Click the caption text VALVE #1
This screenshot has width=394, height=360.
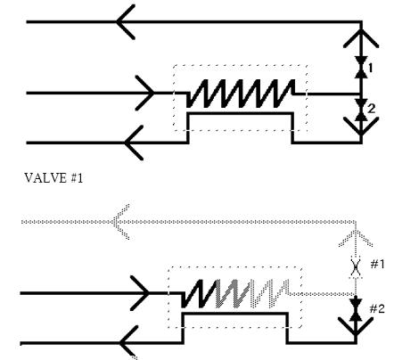coord(53,178)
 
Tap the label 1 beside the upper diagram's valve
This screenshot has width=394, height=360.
coord(370,69)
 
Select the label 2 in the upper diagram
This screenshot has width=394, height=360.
coord(372,109)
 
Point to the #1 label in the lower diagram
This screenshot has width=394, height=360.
coord(378,264)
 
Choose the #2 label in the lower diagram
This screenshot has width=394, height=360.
coord(377,309)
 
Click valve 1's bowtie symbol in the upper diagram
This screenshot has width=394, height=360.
coord(361,67)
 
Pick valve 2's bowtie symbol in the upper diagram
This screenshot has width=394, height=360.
coord(361,110)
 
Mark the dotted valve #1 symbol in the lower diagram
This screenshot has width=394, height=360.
coord(356,266)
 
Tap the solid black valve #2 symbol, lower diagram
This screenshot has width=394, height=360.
coord(356,309)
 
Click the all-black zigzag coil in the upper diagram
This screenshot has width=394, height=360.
coord(241,93)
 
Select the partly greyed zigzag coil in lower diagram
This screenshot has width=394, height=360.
coord(235,293)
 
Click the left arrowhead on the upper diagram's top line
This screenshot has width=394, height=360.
coord(126,21)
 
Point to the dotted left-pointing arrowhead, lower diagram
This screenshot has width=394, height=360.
coord(120,222)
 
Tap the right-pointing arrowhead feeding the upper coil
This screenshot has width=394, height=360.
coord(145,93)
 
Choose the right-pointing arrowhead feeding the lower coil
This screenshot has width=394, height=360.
coord(140,293)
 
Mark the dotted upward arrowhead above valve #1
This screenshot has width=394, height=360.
coord(356,238)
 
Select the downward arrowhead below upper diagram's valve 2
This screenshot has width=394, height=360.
coord(361,127)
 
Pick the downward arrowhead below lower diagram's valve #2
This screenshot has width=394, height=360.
coord(356,328)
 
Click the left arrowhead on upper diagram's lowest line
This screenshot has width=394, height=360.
coord(134,143)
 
